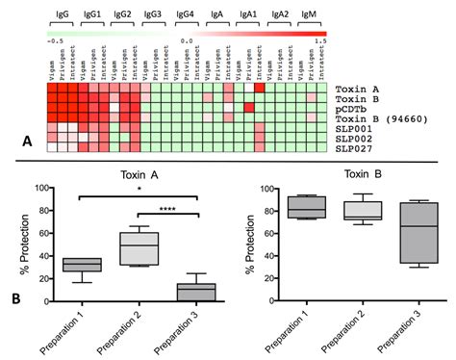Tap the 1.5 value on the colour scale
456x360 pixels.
[319, 41]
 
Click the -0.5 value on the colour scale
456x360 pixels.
[55, 41]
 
